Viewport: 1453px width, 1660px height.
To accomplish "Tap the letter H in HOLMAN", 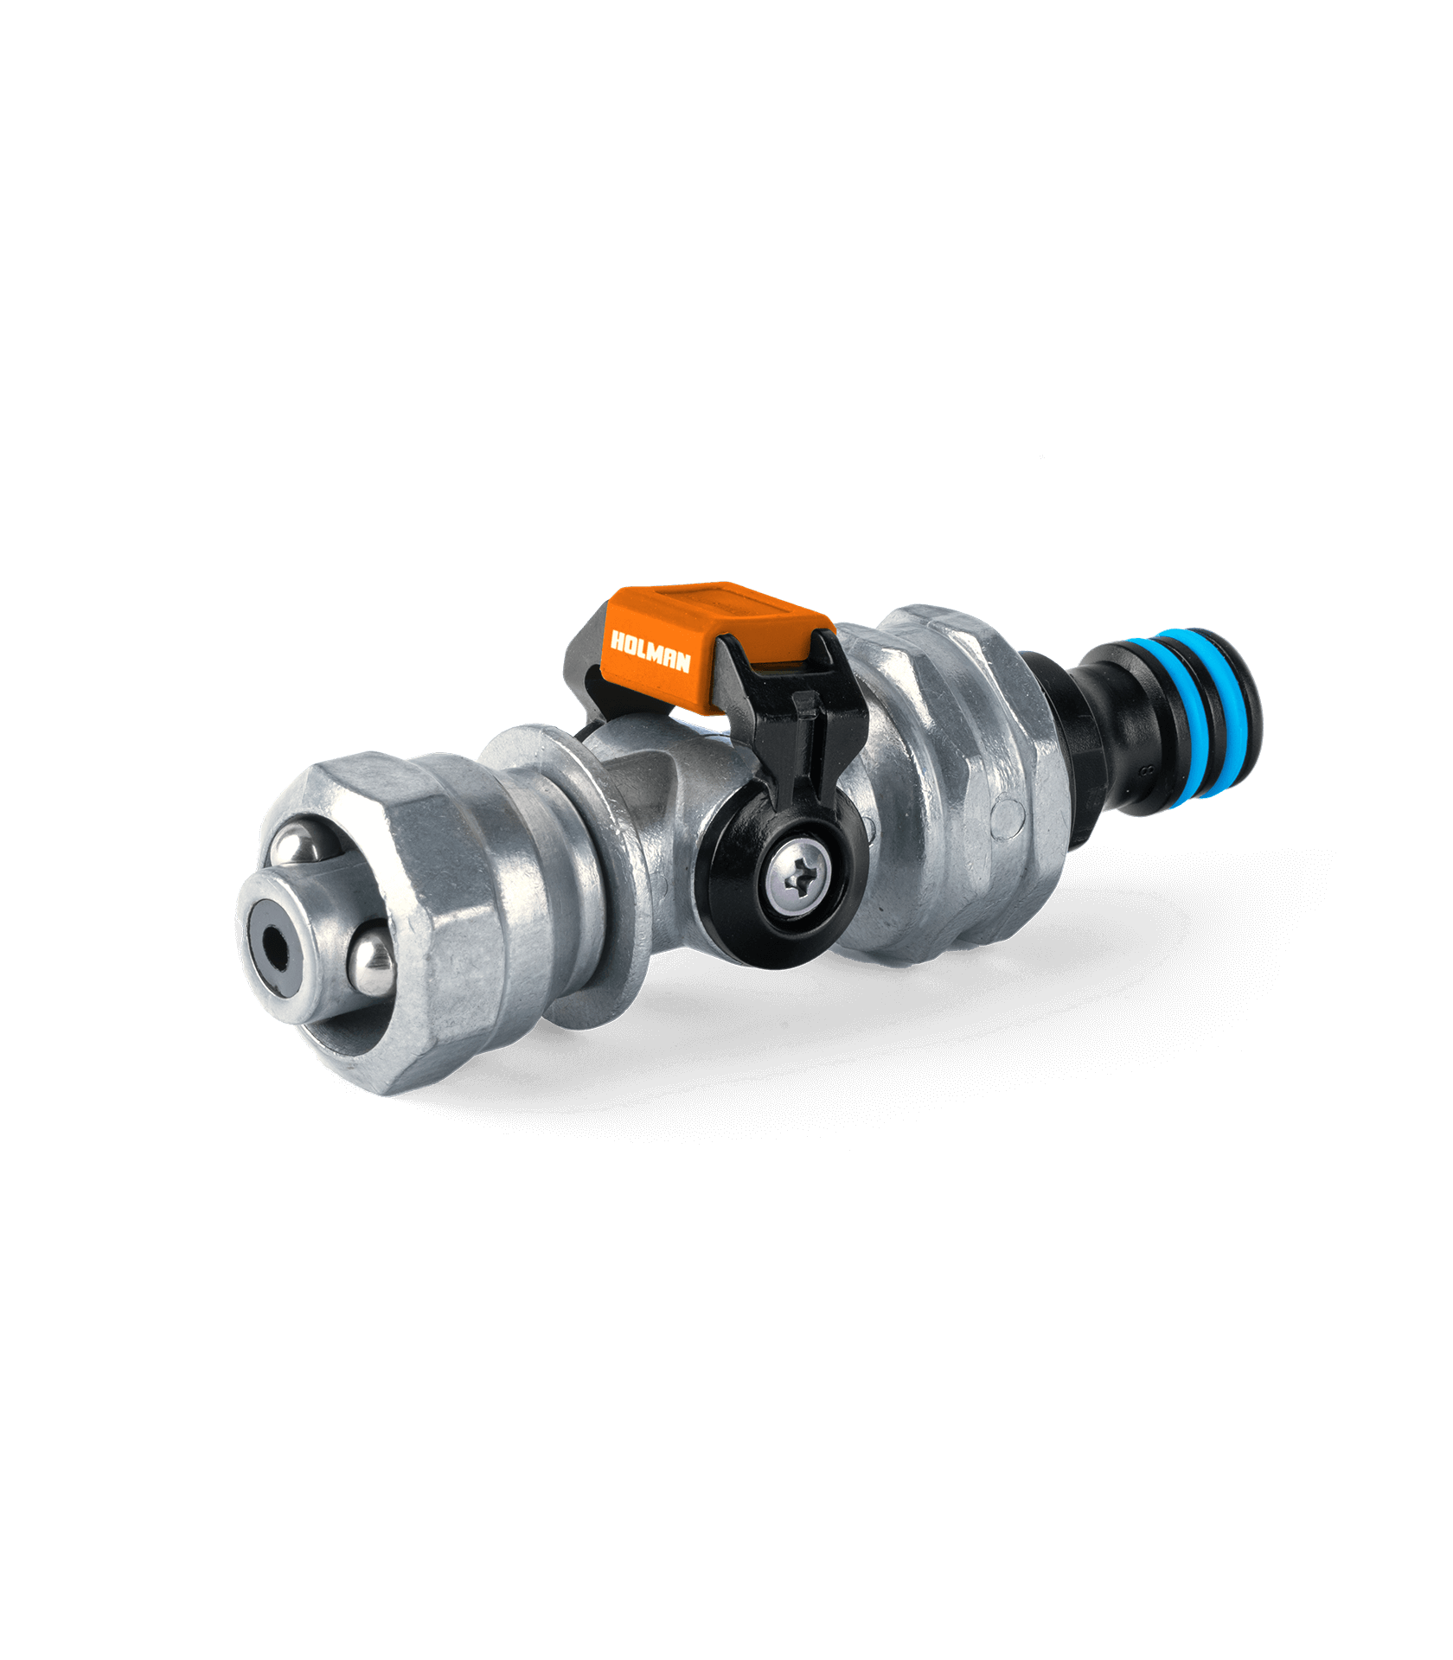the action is [x=618, y=642].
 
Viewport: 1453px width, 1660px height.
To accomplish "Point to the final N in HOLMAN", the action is [x=682, y=661].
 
